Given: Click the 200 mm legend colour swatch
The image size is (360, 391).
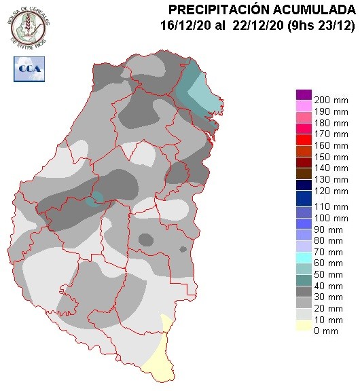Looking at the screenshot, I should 304,94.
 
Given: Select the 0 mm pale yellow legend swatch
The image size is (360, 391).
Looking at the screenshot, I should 304,331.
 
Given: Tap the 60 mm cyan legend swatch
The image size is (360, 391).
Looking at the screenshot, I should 304,257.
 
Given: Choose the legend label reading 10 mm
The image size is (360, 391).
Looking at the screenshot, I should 331,318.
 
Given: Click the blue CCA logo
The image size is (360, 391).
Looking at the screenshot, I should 28,68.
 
